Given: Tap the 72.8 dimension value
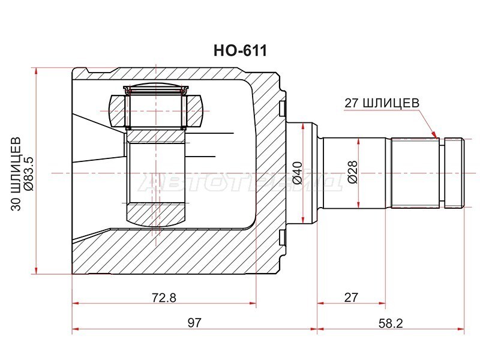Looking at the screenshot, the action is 164,297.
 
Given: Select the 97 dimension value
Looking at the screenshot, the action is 194,323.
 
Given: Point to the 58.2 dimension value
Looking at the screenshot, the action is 391,323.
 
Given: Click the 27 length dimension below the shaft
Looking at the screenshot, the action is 351,297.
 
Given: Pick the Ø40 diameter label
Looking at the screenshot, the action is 298,173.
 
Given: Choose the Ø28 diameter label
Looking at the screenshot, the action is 353,172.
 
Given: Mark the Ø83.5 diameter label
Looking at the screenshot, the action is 29,173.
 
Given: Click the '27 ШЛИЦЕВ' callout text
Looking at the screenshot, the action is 382,103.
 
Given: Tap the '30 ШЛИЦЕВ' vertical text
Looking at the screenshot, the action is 16,173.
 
